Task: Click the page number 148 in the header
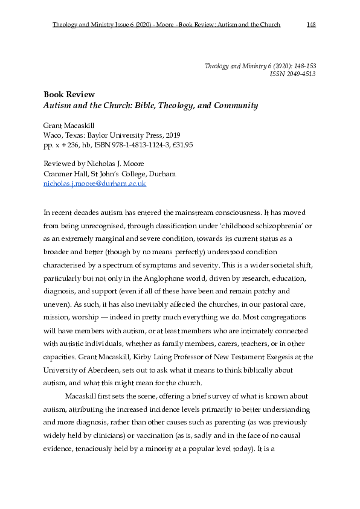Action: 311,25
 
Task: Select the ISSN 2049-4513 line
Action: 292,74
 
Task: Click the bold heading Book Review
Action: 69,94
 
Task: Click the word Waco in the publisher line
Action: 53,136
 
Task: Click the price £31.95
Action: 181,146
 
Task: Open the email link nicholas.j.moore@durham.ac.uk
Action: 95,184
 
